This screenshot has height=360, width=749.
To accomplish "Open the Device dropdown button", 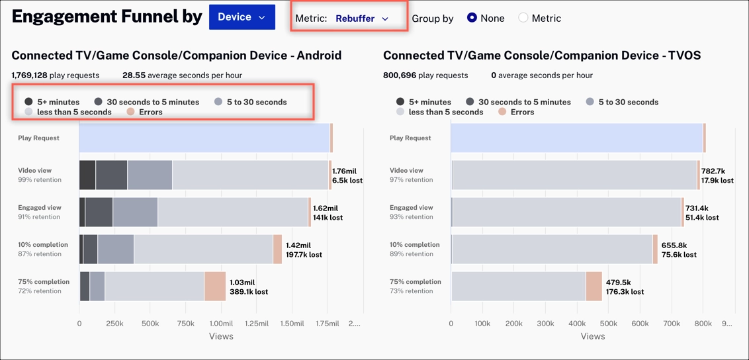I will coord(242,17).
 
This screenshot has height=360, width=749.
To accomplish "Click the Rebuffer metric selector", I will coord(361,19).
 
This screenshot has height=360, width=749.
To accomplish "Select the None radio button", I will coord(472,18).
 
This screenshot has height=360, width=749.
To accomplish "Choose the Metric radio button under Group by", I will coord(523,18).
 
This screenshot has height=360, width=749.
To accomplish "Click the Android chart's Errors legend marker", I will coord(130,112).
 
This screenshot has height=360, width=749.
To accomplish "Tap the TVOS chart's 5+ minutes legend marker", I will coord(400,102).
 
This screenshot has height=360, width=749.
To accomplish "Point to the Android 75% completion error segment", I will coord(215,287).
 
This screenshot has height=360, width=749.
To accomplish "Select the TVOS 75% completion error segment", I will coord(594,287).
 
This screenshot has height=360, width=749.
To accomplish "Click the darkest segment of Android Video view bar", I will coord(87,175).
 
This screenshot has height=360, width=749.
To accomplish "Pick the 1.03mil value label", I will coord(242,283).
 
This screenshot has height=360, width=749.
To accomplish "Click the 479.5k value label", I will coord(619,283).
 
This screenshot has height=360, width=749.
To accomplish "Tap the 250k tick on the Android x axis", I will coord(114,324).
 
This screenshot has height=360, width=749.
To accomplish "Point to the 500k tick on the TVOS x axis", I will coord(608,324).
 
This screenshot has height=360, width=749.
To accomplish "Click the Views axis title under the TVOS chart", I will coord(592,336).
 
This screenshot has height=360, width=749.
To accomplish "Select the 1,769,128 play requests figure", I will coord(29,75).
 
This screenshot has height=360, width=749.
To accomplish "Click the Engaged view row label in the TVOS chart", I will coord(411,208).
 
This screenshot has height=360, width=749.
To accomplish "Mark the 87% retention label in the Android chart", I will coord(40,254).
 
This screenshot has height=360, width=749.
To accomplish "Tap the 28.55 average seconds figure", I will coord(134,75).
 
